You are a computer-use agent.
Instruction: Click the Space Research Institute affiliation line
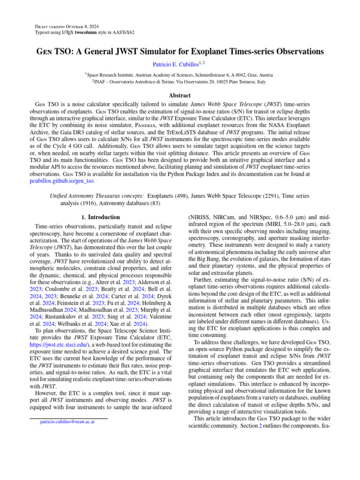point(180,75)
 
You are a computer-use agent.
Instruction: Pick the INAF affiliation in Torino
point(180,82)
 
